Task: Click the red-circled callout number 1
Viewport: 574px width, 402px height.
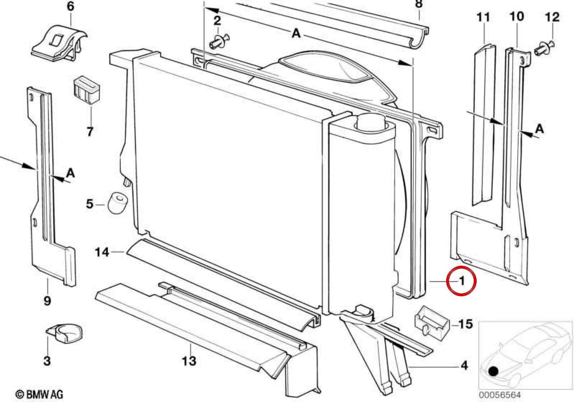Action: pyautogui.click(x=462, y=281)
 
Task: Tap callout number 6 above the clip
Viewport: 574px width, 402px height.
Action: pyautogui.click(x=70, y=6)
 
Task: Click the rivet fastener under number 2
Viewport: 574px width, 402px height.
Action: pyautogui.click(x=219, y=42)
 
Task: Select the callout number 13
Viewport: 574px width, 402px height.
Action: pyautogui.click(x=189, y=361)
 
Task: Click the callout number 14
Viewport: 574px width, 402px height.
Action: pyautogui.click(x=102, y=252)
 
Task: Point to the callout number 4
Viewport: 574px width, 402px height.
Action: pyautogui.click(x=464, y=366)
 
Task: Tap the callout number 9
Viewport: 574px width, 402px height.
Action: pyautogui.click(x=47, y=300)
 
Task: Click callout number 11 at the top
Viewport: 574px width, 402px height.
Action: pyautogui.click(x=483, y=18)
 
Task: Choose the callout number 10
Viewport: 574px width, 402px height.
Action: pyautogui.click(x=517, y=17)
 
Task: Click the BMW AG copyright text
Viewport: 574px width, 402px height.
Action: pyautogui.click(x=39, y=394)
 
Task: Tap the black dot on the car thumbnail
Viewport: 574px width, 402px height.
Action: pyautogui.click(x=493, y=371)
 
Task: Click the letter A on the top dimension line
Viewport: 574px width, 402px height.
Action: pyautogui.click(x=296, y=33)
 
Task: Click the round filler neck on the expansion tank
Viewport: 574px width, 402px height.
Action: pyautogui.click(x=371, y=121)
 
